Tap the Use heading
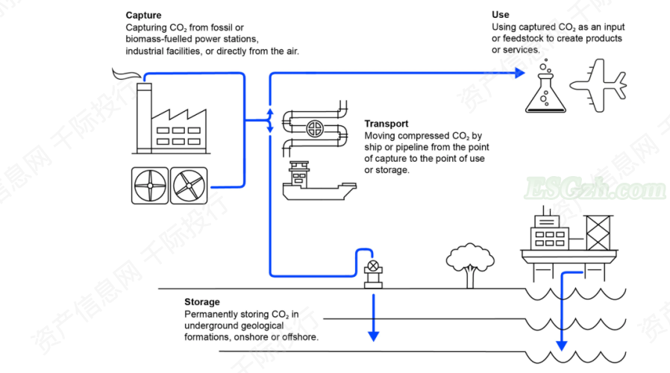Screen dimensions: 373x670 500,15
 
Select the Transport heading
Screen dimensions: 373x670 386,124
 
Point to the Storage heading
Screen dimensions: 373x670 202,302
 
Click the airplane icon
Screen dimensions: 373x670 597,85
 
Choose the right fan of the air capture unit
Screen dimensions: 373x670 189,186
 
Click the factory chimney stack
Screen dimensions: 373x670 144,116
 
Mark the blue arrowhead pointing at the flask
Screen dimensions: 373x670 522,73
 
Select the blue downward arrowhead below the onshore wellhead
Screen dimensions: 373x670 372,335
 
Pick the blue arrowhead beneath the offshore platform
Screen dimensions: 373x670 562,345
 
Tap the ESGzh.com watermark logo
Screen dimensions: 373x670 595,191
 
